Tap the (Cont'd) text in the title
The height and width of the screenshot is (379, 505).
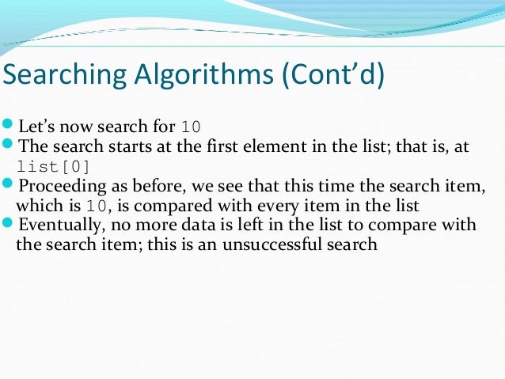332,77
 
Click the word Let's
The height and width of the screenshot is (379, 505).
36,127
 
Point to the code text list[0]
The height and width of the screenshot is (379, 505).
54,166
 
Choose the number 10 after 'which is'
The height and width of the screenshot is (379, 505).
95,207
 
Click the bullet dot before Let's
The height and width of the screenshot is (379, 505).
8,126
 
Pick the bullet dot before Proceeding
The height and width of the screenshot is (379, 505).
8,185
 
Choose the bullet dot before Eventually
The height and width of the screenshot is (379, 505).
8,225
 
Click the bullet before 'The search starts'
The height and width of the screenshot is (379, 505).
8,146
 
